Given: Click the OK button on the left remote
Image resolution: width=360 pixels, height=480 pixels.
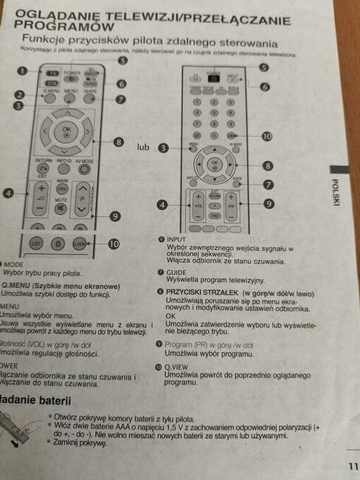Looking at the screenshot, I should (67, 128).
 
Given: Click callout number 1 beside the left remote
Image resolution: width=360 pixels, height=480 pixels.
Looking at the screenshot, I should (21, 71).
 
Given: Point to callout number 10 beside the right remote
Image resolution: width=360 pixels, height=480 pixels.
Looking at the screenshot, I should (266, 136).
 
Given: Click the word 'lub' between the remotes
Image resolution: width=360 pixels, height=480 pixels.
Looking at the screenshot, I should (144, 148).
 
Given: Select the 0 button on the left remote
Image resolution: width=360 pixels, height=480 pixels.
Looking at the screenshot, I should (58, 242).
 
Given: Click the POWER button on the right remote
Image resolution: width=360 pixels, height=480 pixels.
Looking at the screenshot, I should (215, 78).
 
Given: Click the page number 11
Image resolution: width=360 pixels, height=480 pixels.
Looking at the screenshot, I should (353, 465).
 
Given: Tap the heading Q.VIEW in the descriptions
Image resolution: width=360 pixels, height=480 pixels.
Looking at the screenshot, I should (179, 366).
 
